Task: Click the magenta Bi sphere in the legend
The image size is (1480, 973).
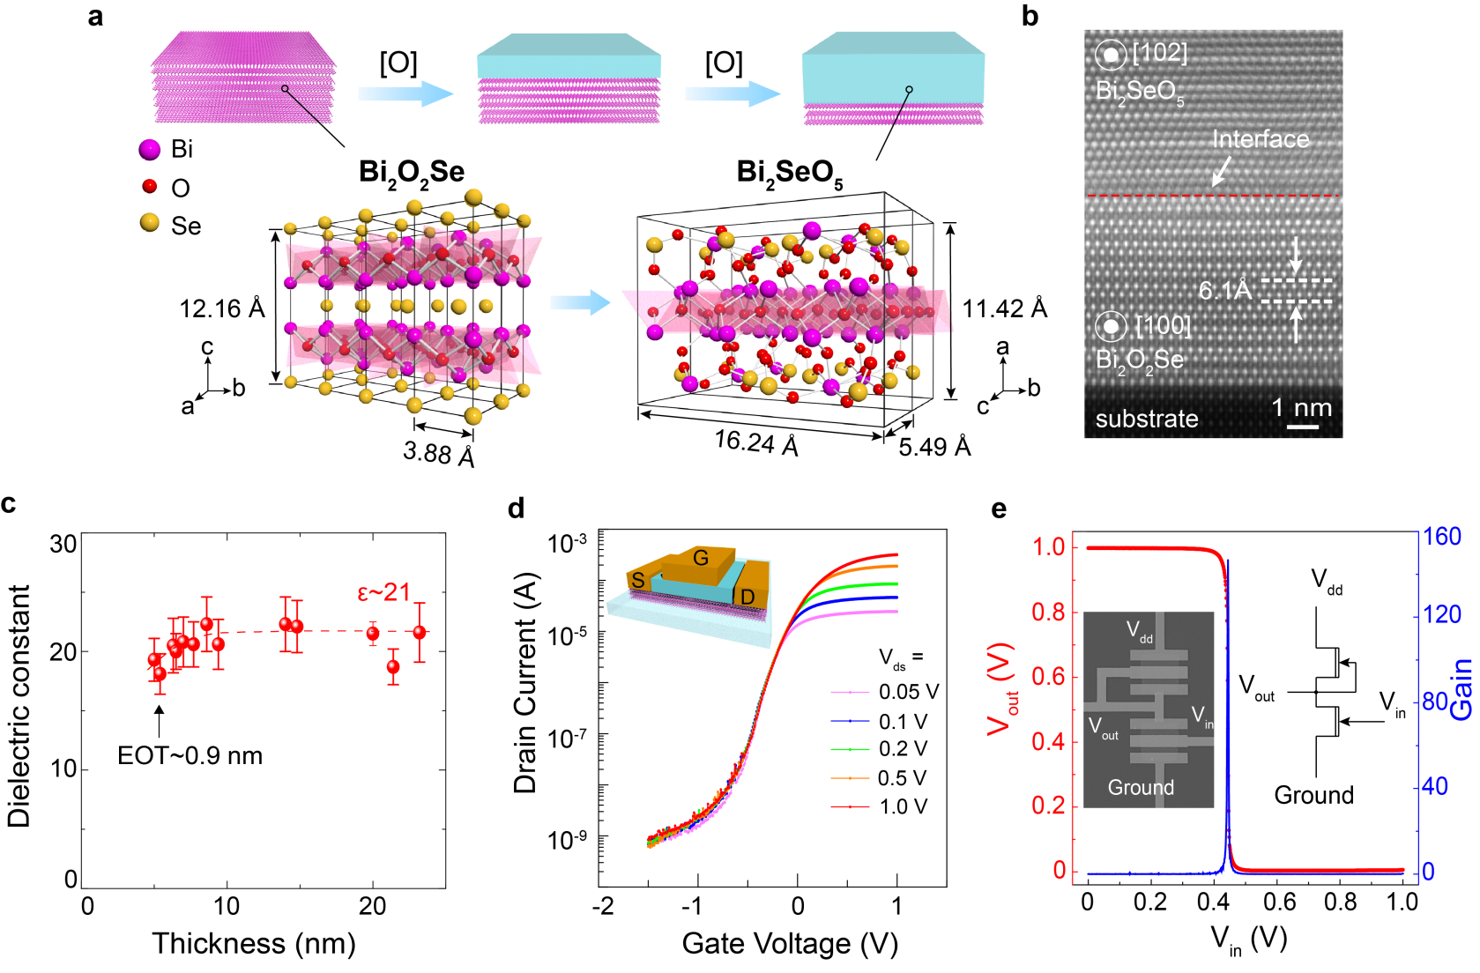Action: pyautogui.click(x=150, y=150)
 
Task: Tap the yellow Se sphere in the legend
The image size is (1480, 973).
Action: pyautogui.click(x=150, y=223)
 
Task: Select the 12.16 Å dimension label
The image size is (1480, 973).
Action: pyautogui.click(x=222, y=308)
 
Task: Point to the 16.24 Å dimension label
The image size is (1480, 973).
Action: pyautogui.click(x=756, y=442)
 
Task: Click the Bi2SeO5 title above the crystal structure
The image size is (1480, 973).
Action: pyautogui.click(x=789, y=173)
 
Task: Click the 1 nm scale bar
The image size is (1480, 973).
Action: pyautogui.click(x=1302, y=427)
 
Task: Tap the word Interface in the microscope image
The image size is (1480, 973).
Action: pyautogui.click(x=1260, y=139)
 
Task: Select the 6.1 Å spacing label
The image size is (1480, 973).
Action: pyautogui.click(x=1224, y=290)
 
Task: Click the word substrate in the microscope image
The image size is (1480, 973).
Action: pyautogui.click(x=1146, y=419)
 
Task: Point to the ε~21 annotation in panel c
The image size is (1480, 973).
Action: pyautogui.click(x=383, y=592)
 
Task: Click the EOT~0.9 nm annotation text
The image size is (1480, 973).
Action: pyautogui.click(x=190, y=755)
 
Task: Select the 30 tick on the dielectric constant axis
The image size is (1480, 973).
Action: pyautogui.click(x=63, y=544)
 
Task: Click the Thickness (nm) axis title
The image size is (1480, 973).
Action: pyautogui.click(x=253, y=943)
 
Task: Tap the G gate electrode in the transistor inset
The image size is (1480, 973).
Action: pyautogui.click(x=701, y=558)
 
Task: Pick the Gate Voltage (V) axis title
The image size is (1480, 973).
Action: pyautogui.click(x=790, y=943)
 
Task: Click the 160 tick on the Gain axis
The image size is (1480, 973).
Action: pyautogui.click(x=1441, y=537)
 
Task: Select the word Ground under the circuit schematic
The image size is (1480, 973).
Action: pyautogui.click(x=1313, y=795)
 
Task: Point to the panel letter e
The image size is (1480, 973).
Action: pyautogui.click(x=999, y=509)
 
